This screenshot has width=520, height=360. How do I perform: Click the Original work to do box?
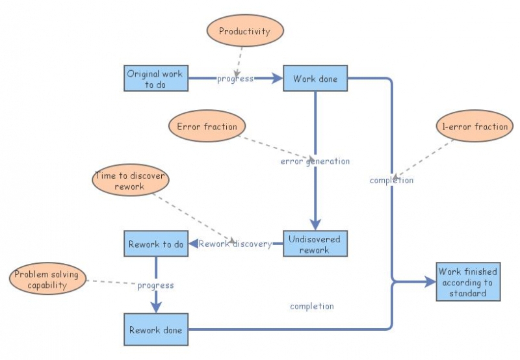click(x=155, y=79)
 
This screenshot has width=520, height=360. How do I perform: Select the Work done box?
click(x=315, y=79)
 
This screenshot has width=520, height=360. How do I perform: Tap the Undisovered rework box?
click(x=315, y=244)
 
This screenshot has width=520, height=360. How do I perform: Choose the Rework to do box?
click(x=155, y=244)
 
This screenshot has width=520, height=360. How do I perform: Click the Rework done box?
click(x=155, y=329)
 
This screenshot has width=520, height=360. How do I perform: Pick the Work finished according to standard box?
click(x=468, y=282)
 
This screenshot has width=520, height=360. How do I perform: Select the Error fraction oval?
click(x=207, y=127)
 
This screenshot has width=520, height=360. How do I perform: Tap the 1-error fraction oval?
click(x=472, y=126)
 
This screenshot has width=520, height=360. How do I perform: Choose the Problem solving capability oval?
click(x=46, y=279)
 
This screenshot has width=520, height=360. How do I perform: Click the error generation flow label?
click(x=315, y=161)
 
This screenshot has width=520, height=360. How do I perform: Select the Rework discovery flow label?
click(x=235, y=244)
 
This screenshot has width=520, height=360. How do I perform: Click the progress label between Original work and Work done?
click(x=235, y=79)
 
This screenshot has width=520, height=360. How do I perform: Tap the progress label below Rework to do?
click(x=155, y=285)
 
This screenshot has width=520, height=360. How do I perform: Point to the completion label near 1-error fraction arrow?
click(x=391, y=180)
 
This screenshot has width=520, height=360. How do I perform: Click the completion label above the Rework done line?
click(x=312, y=306)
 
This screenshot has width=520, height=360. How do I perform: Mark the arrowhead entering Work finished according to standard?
click(x=430, y=282)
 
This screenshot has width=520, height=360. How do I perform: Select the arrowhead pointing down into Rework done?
click(x=155, y=307)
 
